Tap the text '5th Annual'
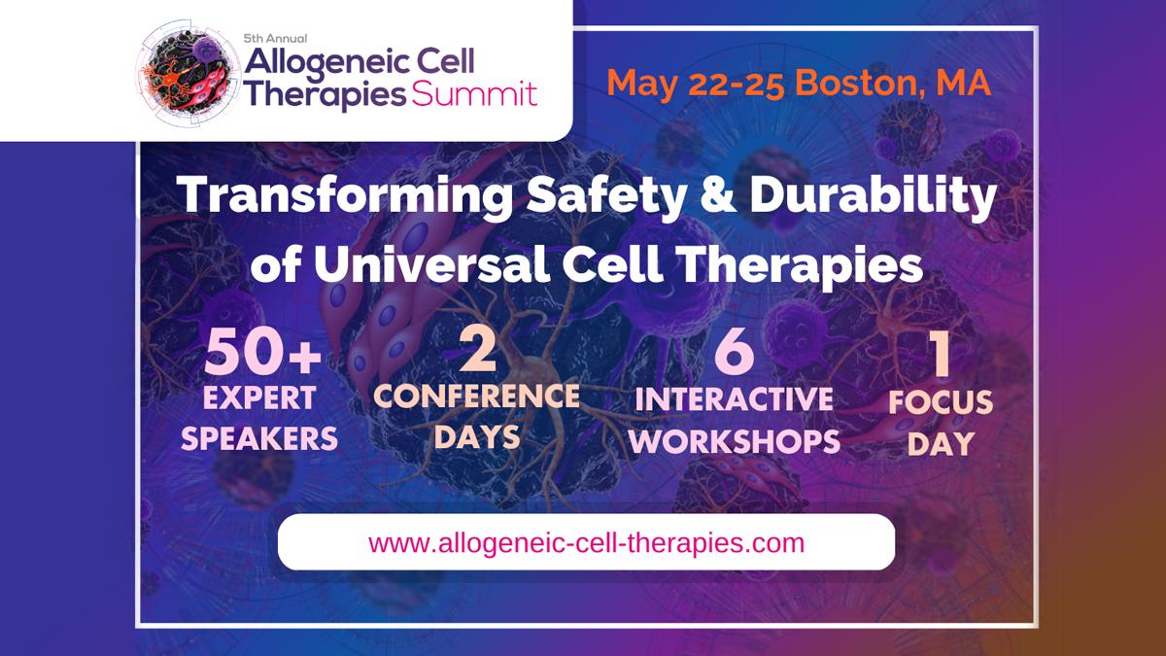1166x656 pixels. [275, 39]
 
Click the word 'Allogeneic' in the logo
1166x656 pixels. [326, 63]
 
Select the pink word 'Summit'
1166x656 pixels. [474, 95]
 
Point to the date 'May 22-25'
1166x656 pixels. [696, 84]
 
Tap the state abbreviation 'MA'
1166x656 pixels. [964, 83]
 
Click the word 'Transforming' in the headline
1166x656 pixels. [345, 195]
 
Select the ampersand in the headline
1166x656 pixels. [717, 194]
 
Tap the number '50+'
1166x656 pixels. [262, 353]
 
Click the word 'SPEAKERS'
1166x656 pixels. [259, 438]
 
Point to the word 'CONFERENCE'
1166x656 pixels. [476, 397]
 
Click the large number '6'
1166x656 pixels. [734, 352]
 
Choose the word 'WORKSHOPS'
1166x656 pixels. [734, 441]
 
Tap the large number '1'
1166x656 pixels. [942, 354]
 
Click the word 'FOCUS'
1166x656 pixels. [941, 402]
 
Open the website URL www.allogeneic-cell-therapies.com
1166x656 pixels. [586, 542]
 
